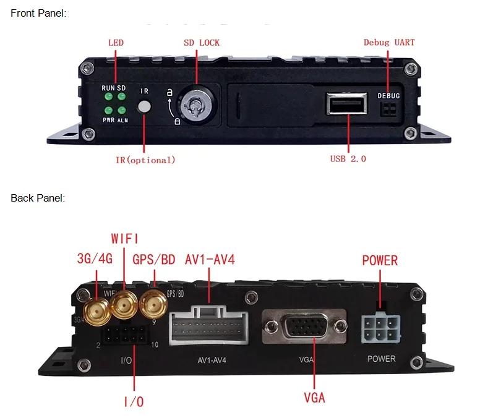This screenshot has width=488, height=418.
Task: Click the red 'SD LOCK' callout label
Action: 201,43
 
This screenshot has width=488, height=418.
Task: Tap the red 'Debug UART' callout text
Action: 388,43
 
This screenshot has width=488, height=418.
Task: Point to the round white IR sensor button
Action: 145,106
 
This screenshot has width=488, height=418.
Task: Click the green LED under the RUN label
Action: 108,97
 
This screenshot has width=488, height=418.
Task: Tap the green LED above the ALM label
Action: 122,110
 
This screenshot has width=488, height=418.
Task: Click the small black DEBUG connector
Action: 389,109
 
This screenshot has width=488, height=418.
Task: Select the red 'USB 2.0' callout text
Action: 348,159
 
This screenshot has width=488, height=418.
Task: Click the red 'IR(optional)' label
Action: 145,160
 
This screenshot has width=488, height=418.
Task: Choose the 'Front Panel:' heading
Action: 38,13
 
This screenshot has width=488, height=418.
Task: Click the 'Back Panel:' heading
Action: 37,198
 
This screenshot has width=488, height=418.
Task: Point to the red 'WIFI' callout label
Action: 125,239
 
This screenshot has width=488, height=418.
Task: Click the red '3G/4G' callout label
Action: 95,258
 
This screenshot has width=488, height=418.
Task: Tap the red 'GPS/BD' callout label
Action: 154,258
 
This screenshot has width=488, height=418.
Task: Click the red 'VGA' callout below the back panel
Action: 314,398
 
